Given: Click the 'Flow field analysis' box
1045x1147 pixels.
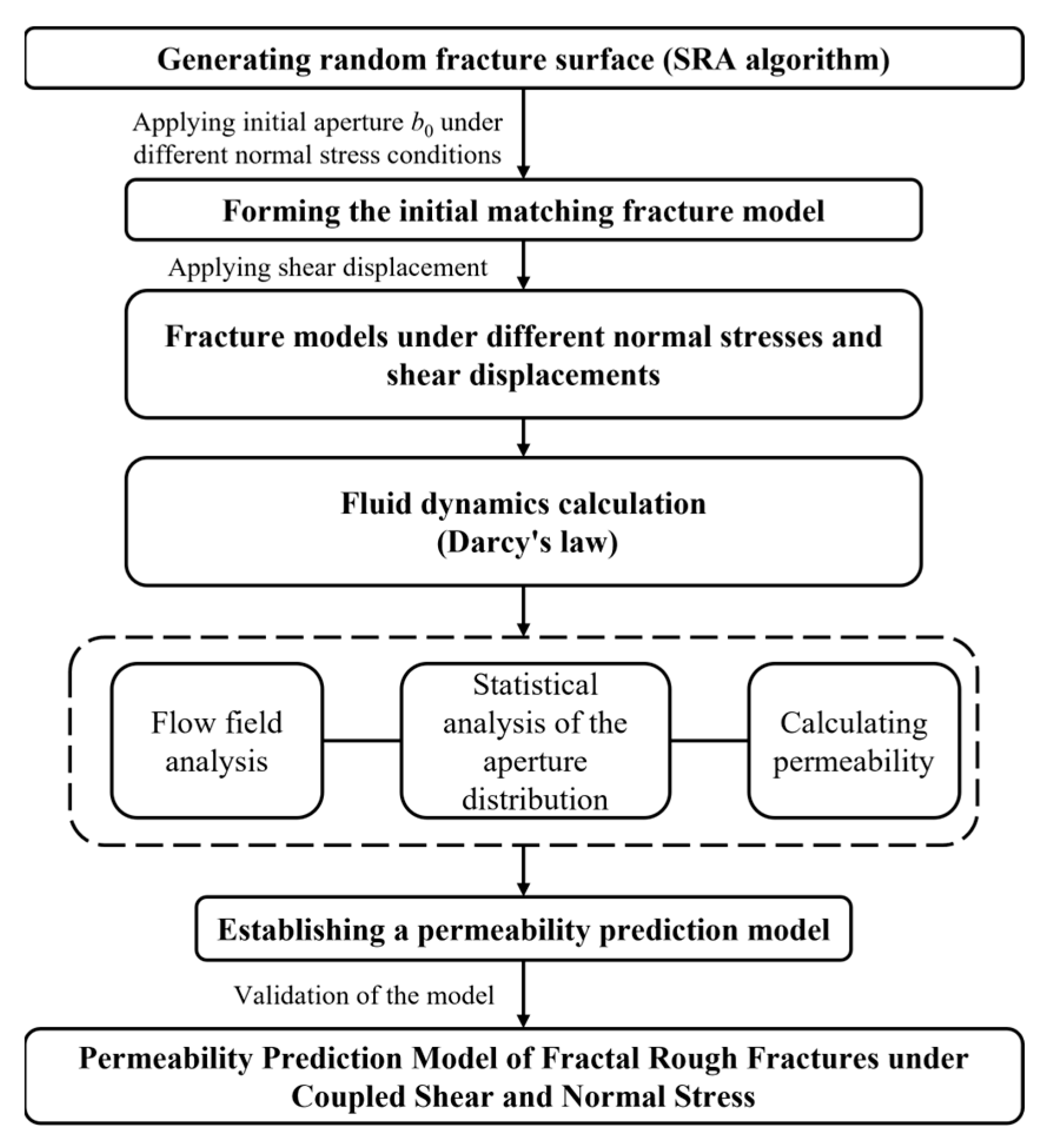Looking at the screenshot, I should pyautogui.click(x=217, y=740).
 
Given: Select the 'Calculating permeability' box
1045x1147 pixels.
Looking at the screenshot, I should pyautogui.click(x=854, y=740).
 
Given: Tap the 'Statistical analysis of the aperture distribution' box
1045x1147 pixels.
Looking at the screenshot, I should pyautogui.click(x=535, y=740).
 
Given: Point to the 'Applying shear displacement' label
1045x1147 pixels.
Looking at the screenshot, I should pyautogui.click(x=328, y=268).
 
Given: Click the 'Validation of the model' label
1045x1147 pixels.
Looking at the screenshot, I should pyautogui.click(x=364, y=995).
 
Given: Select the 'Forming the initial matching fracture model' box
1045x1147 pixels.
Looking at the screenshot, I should pyautogui.click(x=523, y=210).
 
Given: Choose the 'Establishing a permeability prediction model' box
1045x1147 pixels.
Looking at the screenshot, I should pyautogui.click(x=523, y=930).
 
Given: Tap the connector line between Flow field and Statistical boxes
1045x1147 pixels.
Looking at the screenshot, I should pyautogui.click(x=361, y=740).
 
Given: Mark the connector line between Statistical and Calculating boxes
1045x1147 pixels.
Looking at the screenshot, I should pyautogui.click(x=709, y=740).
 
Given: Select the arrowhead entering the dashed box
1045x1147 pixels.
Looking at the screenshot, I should pyautogui.click(x=523, y=630).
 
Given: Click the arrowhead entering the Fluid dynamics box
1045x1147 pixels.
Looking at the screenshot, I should pyautogui.click(x=523, y=450).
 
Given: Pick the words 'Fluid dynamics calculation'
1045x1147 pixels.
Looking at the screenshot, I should pyautogui.click(x=523, y=504).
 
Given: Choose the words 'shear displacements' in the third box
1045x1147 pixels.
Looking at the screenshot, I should pyautogui.click(x=523, y=375).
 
